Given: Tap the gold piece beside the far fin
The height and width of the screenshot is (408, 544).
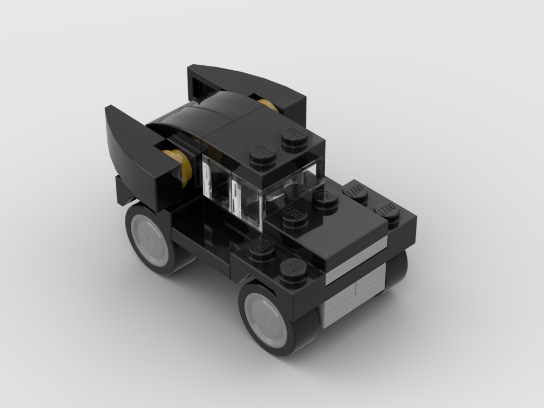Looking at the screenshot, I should pos(268,105).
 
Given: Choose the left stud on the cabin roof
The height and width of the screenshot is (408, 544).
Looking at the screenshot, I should pos(263,158).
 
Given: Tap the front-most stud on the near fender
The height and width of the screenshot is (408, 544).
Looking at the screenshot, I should pos(293,275).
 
